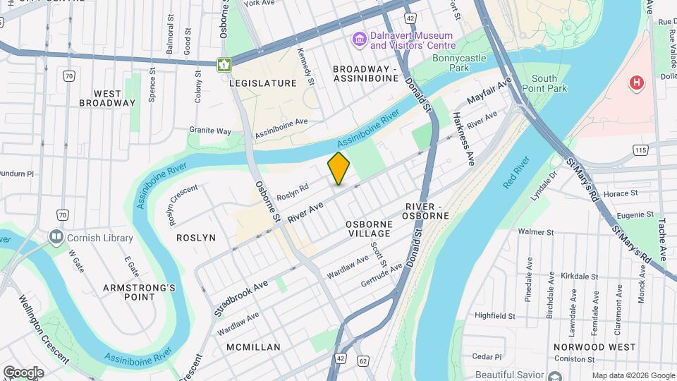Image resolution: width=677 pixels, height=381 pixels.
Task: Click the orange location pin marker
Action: coord(338,169)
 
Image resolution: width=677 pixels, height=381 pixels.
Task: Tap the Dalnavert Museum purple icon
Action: coord(359,38)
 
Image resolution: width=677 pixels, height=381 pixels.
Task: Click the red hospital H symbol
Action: coord(637,83)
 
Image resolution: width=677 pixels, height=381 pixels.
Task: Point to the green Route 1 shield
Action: coord(224,65)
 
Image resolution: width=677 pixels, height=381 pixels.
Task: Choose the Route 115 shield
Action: coord(640,150)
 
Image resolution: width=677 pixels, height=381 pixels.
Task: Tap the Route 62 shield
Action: coord(363,359)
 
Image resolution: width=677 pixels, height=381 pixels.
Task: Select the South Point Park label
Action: coord(549,83)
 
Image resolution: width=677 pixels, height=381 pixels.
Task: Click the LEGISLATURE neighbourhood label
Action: coord(262,83)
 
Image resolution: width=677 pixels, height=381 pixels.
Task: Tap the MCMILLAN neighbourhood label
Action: coord(254,347)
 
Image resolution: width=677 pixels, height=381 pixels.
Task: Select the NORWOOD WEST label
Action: coord(594,347)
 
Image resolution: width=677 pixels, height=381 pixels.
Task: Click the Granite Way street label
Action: coord(210,131)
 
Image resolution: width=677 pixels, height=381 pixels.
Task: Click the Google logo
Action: coord(23,373)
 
